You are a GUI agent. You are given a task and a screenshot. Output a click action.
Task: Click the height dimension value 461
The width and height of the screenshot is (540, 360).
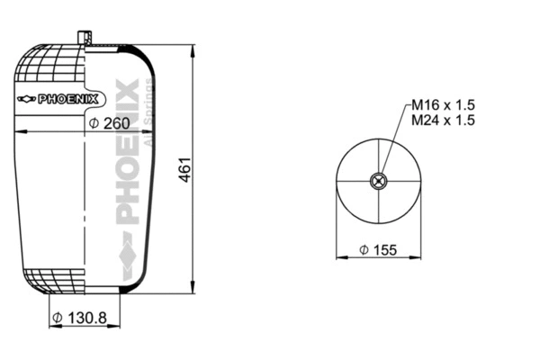tap(185, 171)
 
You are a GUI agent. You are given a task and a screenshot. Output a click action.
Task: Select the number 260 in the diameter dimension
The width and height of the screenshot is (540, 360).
tap(115, 122)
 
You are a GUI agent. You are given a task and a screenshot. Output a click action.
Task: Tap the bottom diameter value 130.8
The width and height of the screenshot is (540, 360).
tap(85, 317)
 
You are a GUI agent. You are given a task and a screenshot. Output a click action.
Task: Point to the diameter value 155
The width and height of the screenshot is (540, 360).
tap(384, 249)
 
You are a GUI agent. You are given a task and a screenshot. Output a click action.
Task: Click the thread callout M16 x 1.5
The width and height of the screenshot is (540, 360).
tap(443, 105)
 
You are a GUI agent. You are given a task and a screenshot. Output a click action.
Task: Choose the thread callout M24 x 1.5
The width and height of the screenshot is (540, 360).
tap(443, 121)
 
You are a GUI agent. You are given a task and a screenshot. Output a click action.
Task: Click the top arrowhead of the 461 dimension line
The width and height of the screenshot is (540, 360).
tap(193, 48)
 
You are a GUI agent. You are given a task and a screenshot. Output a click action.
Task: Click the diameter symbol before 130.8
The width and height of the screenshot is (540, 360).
tap(56, 318)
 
